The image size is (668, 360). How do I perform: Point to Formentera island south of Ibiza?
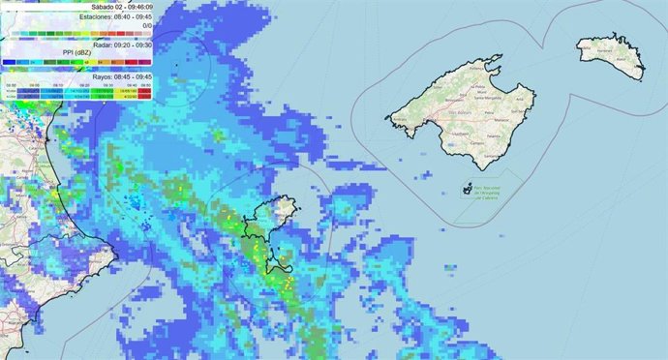(x=284, y=259)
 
